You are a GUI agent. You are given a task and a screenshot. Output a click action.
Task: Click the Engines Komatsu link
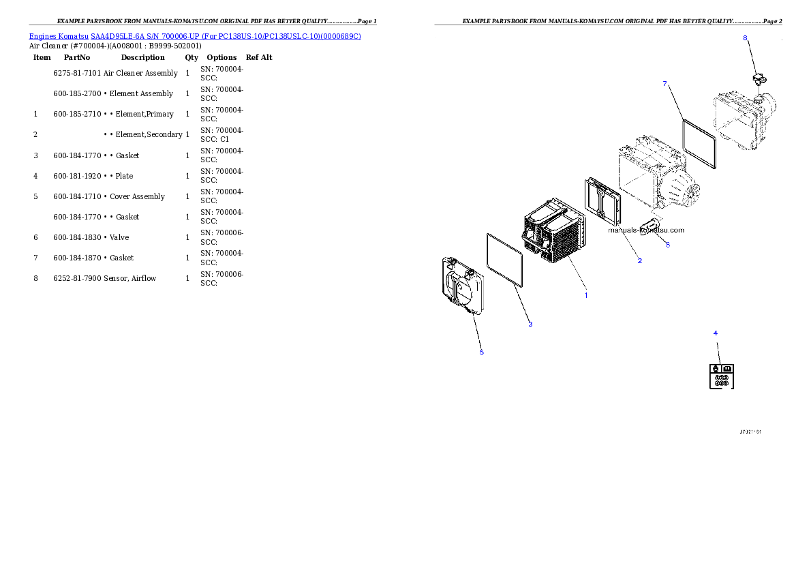pyautogui.click(x=59, y=36)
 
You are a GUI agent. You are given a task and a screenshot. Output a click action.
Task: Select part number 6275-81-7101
pyautogui.click(x=77, y=73)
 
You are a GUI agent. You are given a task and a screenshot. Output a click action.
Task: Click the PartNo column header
pyautogui.click(x=77, y=57)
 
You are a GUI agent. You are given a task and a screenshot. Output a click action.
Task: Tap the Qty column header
pyautogui.click(x=192, y=57)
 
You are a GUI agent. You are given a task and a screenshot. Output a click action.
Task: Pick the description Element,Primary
pyautogui.click(x=144, y=114)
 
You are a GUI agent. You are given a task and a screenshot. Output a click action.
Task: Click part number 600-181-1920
pyautogui.click(x=77, y=176)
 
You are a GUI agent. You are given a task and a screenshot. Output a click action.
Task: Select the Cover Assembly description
pyautogui.click(x=137, y=197)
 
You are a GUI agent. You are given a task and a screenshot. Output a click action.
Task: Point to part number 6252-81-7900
pyautogui.click(x=77, y=278)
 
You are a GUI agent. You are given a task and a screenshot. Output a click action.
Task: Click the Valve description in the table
pyautogui.click(x=119, y=237)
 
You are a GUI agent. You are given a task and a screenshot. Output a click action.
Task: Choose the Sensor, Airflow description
pyautogui.click(x=129, y=278)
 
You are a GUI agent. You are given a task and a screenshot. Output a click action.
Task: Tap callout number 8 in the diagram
pyautogui.click(x=746, y=37)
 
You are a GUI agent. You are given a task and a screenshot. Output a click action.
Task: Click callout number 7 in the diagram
pyautogui.click(x=665, y=84)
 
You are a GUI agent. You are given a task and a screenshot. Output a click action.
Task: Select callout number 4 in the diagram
pyautogui.click(x=716, y=333)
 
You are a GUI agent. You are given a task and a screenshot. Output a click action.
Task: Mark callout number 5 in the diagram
pyautogui.click(x=482, y=352)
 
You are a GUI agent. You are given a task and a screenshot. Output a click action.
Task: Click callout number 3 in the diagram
pyautogui.click(x=530, y=324)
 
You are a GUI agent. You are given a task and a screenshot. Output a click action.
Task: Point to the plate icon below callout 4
pyautogui.click(x=722, y=376)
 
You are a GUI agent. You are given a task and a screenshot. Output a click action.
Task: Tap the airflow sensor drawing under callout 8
pyautogui.click(x=759, y=80)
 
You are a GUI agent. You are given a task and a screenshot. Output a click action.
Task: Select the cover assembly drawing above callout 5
pyautogui.click(x=463, y=285)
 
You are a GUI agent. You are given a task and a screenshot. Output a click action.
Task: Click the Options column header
pyautogui.click(x=221, y=57)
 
